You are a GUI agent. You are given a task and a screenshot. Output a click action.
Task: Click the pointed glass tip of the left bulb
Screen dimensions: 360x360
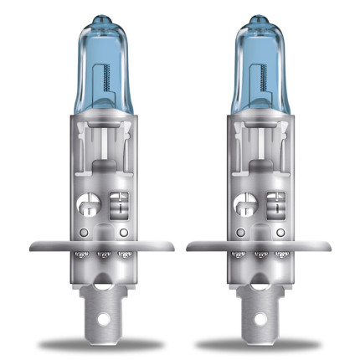pos(102,18)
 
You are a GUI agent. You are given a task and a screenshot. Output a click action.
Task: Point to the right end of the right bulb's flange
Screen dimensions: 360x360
pos(324,247)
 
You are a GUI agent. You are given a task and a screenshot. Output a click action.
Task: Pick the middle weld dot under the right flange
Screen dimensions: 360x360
pos(256,255)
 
